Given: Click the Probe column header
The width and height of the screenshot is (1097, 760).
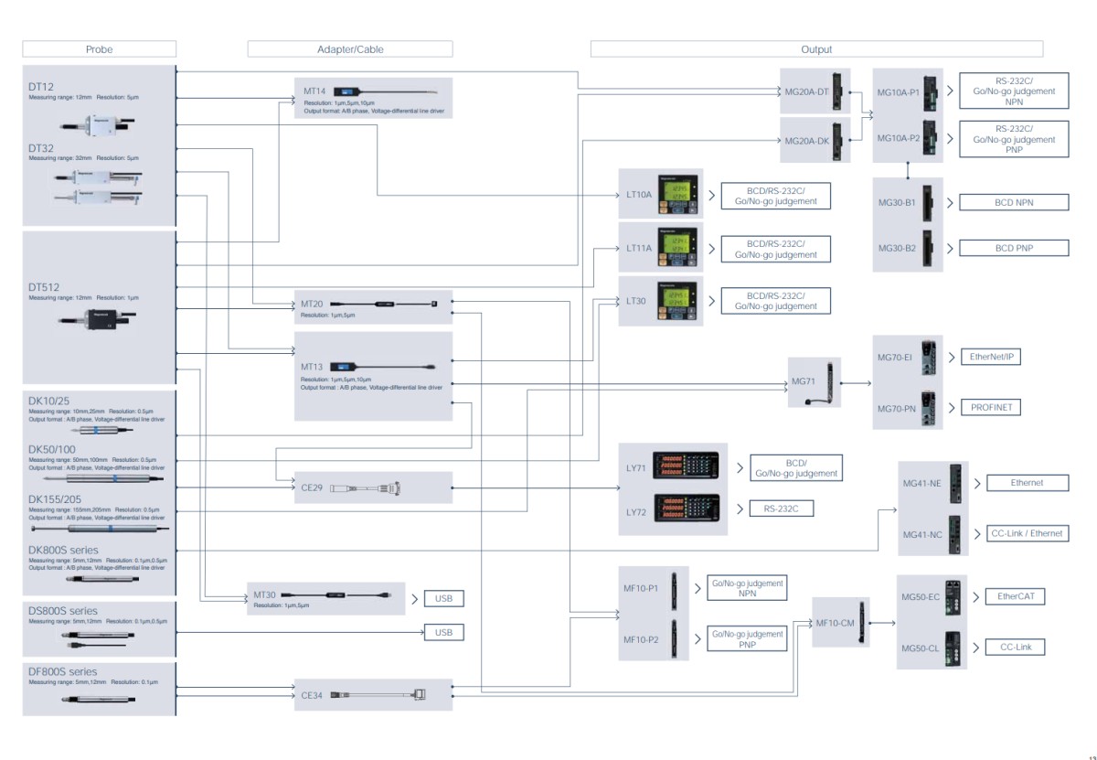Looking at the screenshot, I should [x=99, y=49].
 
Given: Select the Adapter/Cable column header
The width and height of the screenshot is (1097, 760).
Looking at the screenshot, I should [x=349, y=49].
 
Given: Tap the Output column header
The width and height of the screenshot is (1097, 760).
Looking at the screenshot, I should [x=815, y=49].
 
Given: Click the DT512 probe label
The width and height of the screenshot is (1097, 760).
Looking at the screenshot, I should [x=46, y=286].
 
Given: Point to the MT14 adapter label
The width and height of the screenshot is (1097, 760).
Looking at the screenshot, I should [x=315, y=92].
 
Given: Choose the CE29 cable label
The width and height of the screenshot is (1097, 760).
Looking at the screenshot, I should [x=312, y=487].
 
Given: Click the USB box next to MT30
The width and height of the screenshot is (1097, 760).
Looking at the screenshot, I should [x=444, y=599].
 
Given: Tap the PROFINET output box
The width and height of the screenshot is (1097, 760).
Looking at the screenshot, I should [x=991, y=408].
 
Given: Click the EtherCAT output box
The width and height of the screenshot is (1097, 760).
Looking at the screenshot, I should [x=1015, y=596].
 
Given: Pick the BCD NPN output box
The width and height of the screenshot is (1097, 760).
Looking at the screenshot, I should [x=1013, y=202].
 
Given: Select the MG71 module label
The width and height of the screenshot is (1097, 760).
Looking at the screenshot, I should [x=804, y=380].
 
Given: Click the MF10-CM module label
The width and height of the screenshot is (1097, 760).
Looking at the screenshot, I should [x=835, y=623].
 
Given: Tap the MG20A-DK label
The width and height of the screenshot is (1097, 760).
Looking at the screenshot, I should [x=806, y=142].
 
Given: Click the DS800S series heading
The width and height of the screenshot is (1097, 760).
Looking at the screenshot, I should [x=63, y=611].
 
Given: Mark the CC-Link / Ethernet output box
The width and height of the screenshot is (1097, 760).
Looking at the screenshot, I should [x=1027, y=533].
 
